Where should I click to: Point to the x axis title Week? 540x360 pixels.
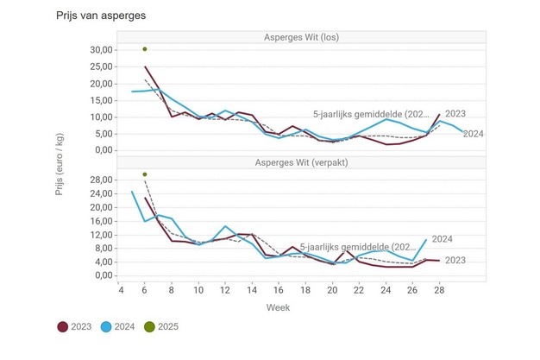click(277, 306)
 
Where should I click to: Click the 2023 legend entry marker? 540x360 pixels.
click(63, 326)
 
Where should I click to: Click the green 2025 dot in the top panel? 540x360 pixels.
click(145, 49)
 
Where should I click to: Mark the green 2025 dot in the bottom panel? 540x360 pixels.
click(145, 174)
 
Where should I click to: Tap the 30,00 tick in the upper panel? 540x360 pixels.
click(103, 50)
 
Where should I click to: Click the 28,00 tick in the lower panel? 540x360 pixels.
click(103, 180)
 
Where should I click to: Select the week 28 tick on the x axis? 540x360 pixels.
click(440, 289)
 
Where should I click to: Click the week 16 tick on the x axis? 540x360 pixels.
click(279, 289)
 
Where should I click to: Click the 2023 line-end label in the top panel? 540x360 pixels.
click(457, 114)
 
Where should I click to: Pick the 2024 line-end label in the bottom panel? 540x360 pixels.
click(443, 239)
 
